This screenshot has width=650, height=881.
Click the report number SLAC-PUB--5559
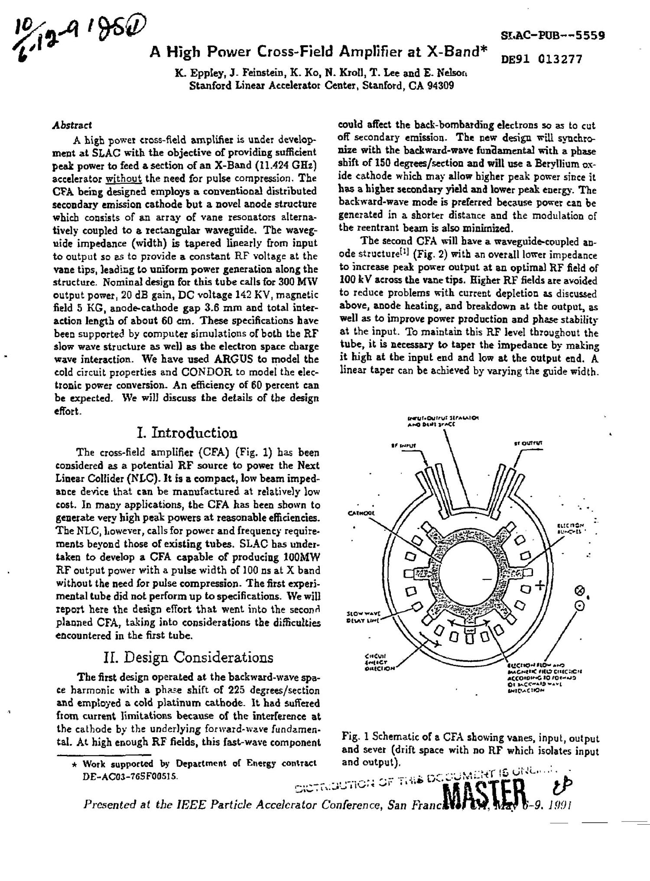552,35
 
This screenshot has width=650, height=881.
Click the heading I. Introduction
187,432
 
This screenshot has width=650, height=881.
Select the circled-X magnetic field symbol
578,591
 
